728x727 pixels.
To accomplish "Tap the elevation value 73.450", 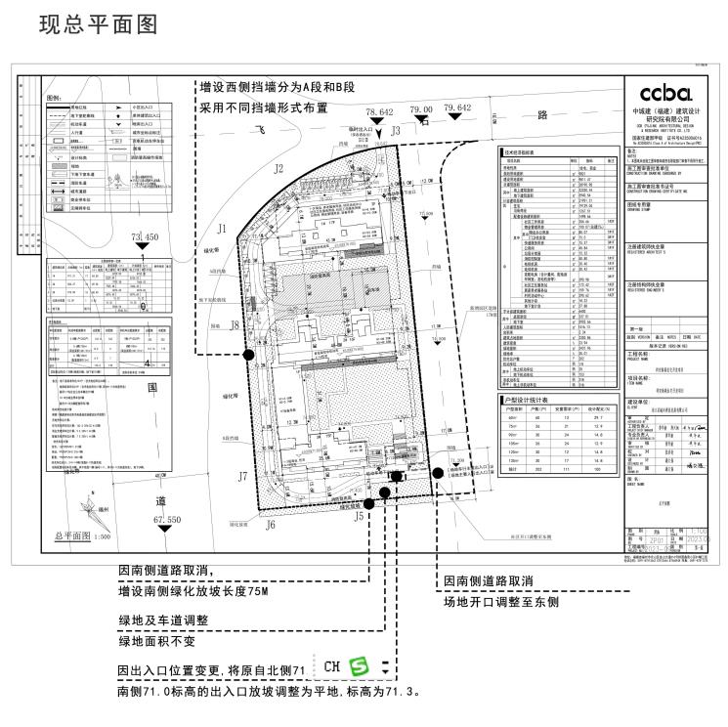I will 144,236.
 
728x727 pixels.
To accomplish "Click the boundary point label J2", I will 278,169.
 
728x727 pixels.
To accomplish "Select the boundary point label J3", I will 396,130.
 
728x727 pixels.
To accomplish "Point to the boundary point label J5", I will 359,515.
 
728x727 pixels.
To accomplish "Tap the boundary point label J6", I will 270,524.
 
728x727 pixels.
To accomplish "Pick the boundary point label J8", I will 235,325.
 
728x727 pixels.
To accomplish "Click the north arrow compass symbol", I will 91,509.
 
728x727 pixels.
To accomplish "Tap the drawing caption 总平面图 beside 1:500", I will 72,536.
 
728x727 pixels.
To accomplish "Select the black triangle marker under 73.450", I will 144,247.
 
